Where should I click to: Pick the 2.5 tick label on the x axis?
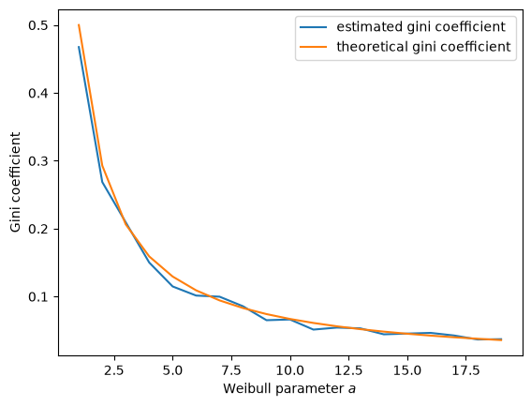coord(114,370)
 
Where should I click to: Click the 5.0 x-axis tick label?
coord(172,370)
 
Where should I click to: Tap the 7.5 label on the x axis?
coord(231,370)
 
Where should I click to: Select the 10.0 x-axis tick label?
coord(290,370)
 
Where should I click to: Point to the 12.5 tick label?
coord(348,370)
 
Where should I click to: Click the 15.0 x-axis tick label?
coord(407,370)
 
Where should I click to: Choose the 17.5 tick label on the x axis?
coord(466,370)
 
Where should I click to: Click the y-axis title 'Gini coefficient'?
coord(15,183)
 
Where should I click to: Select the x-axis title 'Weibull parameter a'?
coord(289,389)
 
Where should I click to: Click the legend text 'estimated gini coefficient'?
coord(420,27)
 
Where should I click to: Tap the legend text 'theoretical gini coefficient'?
coord(423,47)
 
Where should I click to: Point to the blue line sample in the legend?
coord(313,27)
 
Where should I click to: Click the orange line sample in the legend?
coord(313,47)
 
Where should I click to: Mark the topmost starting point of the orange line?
coord(79,24)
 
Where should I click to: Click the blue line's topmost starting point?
coord(79,47)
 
